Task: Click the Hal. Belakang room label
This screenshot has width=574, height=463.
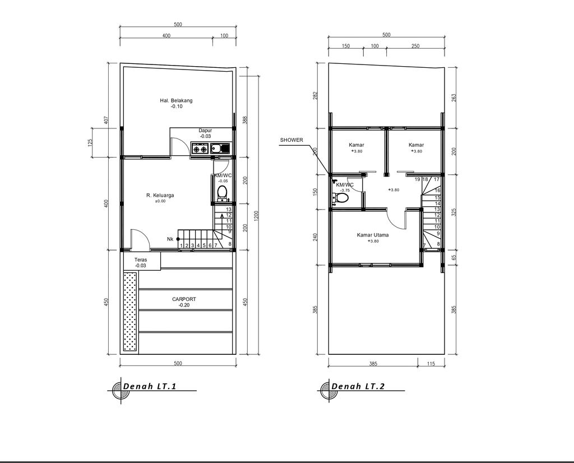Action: pos(176,101)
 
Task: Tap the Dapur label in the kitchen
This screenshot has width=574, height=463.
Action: pos(205,131)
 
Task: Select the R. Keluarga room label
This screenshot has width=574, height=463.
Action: pos(160,196)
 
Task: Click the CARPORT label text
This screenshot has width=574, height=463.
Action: pos(184,299)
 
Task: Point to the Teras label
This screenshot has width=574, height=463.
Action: pos(141,260)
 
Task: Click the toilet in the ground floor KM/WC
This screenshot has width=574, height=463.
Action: pos(222,193)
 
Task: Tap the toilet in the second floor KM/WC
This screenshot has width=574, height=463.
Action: pos(339,197)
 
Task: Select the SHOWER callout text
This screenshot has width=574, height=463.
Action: pos(291,140)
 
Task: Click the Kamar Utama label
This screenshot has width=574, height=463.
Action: pos(373,235)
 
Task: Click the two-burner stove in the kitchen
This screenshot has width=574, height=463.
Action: pos(200,149)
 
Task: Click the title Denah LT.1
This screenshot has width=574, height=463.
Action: pos(150,387)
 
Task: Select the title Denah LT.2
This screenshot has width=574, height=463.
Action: pos(358,387)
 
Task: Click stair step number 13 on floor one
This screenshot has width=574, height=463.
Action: pos(229,210)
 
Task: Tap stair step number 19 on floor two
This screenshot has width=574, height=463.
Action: pos(418,179)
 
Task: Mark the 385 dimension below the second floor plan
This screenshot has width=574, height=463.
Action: pos(373,364)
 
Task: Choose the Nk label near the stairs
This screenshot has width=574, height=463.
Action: pos(170,239)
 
